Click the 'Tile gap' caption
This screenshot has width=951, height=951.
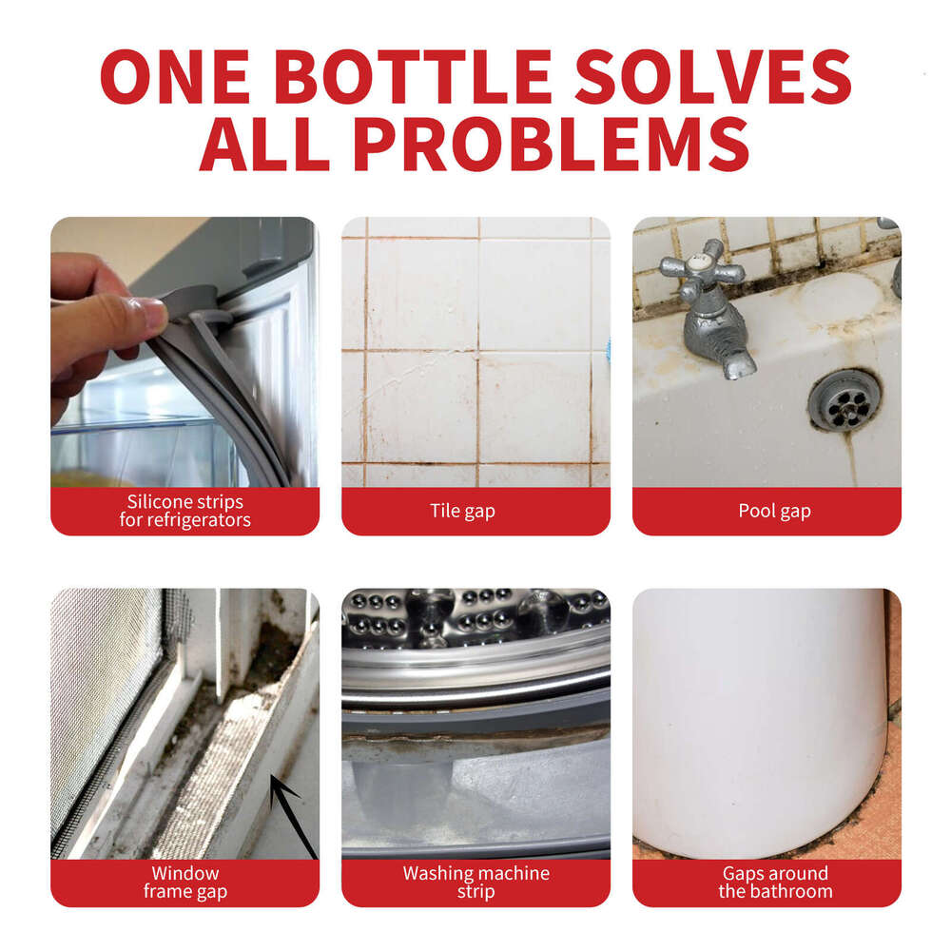pos(475,512)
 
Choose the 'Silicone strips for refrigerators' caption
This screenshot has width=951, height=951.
pos(184,512)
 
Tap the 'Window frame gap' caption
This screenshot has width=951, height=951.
pos(184,883)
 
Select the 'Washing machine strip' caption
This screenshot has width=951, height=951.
pos(475,883)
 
